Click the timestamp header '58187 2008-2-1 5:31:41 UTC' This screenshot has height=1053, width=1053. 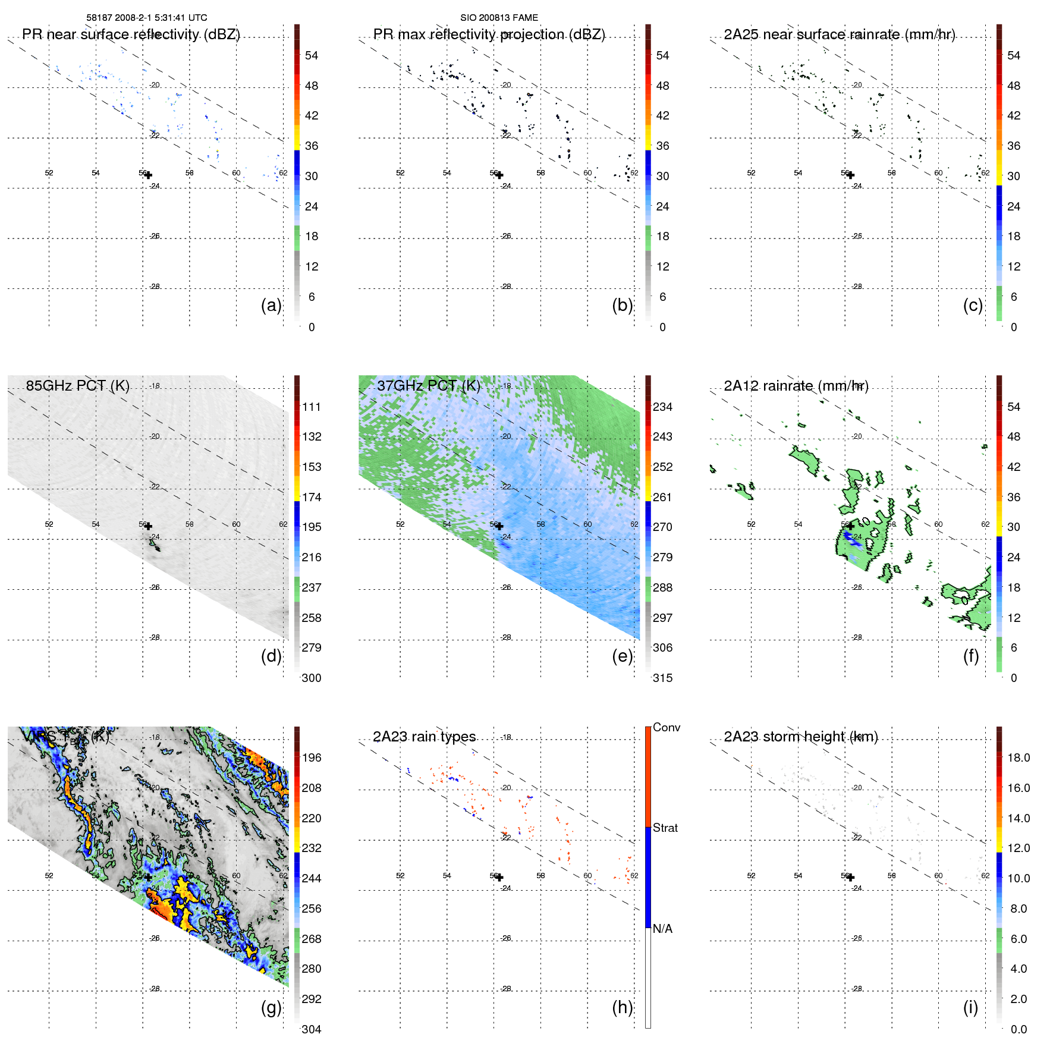pos(147,18)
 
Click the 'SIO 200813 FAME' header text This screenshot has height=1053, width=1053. pos(499,18)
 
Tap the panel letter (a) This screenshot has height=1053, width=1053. pos(271,305)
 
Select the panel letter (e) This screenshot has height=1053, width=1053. pos(622,656)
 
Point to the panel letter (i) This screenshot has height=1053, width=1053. pos(970,1007)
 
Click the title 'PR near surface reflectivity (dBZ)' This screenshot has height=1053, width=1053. pos(131,34)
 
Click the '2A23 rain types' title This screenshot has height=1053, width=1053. pos(424,737)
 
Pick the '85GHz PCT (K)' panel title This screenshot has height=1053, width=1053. pos(77,386)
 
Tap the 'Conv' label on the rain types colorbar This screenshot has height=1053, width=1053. pos(667,727)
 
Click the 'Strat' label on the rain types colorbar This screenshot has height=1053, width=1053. pos(665,828)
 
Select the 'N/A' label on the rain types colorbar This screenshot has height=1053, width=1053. pos(662,929)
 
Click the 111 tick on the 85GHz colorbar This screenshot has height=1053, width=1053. pos(312,407)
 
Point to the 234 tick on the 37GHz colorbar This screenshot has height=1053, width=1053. pos(662,407)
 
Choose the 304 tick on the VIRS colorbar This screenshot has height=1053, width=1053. pos(312,1029)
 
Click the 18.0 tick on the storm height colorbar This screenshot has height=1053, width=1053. pos(1019,757)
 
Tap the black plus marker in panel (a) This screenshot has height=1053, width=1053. pos(148,175)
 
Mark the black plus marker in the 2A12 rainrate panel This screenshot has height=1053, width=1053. pos(850,526)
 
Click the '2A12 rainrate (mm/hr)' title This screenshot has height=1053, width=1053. pos(796,386)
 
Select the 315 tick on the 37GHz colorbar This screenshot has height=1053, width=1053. pos(662,678)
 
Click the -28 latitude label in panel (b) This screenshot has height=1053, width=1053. pos(505,287)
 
